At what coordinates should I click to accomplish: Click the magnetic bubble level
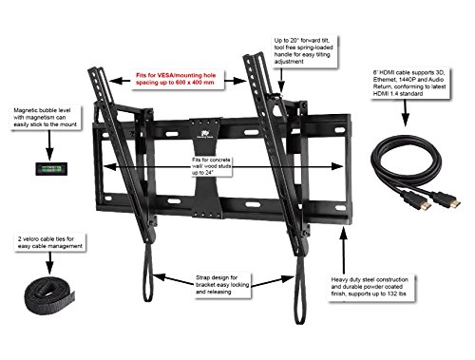pyautogui.click(x=51, y=168)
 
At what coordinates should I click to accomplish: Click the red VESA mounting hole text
pyautogui.click(x=176, y=79)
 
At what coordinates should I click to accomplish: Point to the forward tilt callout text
pyautogui.click(x=303, y=51)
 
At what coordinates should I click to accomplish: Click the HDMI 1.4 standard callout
pyautogui.click(x=408, y=83)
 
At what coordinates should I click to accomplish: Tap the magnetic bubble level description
pyautogui.click(x=45, y=118)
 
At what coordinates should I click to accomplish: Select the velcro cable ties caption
pyautogui.click(x=49, y=242)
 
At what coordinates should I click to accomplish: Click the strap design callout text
pyautogui.click(x=222, y=285)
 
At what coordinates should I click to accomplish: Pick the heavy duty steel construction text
pyautogui.click(x=370, y=287)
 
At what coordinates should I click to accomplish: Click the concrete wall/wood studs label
pyautogui.click(x=211, y=166)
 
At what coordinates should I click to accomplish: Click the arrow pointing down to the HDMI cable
pyautogui.click(x=406, y=113)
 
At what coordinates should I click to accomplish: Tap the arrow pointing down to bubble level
pyautogui.click(x=49, y=145)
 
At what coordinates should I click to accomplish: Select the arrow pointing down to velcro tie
pyautogui.click(x=49, y=263)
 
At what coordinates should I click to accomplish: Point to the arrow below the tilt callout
pyautogui.click(x=281, y=80)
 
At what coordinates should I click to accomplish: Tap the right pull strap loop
pyautogui.click(x=299, y=290)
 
